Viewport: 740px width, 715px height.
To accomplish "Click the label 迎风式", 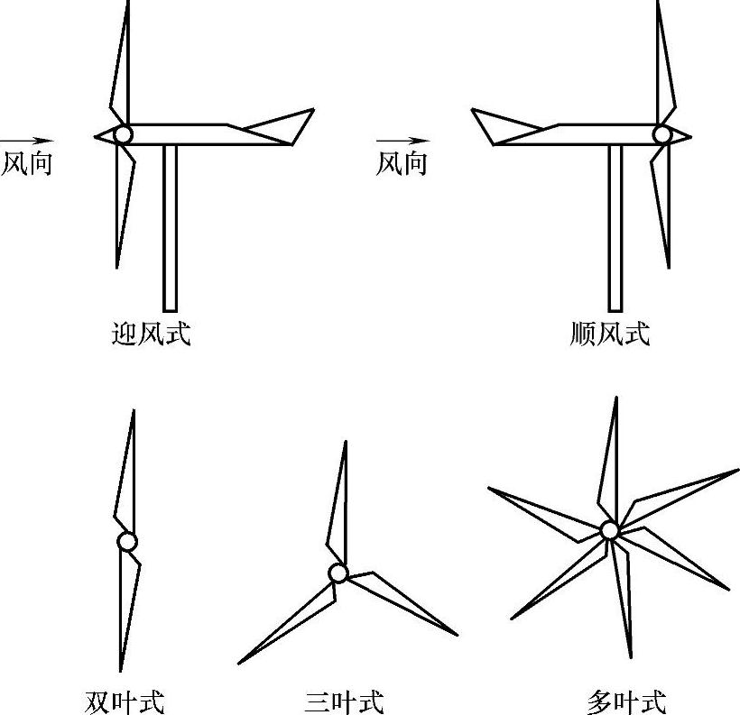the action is [150, 335].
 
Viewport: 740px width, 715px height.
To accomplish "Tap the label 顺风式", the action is [610, 335].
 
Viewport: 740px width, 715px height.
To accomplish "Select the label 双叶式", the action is [125, 701].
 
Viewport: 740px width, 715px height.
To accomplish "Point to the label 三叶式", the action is [344, 701].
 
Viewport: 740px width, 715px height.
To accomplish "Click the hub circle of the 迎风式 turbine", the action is [122, 134].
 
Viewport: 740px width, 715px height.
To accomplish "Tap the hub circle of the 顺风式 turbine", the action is [662, 134].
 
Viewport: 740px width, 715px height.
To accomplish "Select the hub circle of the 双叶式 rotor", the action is [127, 542].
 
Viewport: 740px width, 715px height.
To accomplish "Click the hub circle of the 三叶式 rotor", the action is [338, 573].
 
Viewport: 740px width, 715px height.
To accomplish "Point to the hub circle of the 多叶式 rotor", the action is [609, 530].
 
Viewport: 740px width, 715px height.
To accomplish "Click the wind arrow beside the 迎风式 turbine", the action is [27, 140].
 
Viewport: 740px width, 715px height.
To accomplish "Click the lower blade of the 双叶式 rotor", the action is [127, 604].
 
